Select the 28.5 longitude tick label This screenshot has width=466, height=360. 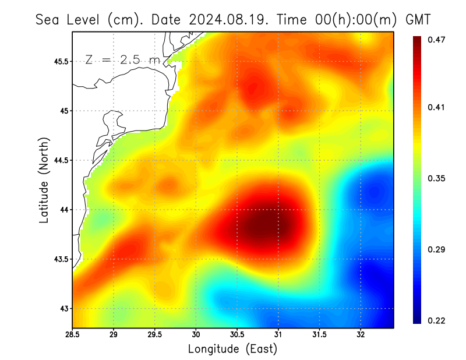pos(73,335)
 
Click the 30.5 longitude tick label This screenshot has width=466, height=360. pos(237,335)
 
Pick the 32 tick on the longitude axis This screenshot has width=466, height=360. pos(361,335)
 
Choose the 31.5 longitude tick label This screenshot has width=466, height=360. pos(319,335)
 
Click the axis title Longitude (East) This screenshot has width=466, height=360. pos(232,349)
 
